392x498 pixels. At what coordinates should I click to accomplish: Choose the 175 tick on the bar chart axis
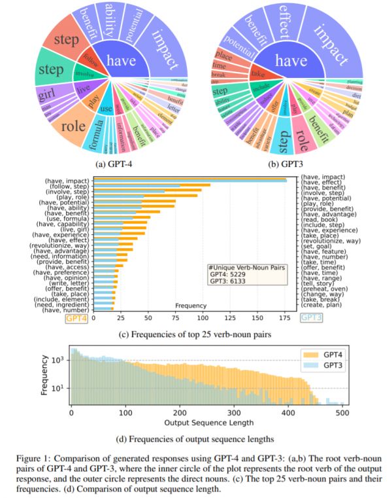click(286, 317)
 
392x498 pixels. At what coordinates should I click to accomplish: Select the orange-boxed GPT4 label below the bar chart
click(77, 317)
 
